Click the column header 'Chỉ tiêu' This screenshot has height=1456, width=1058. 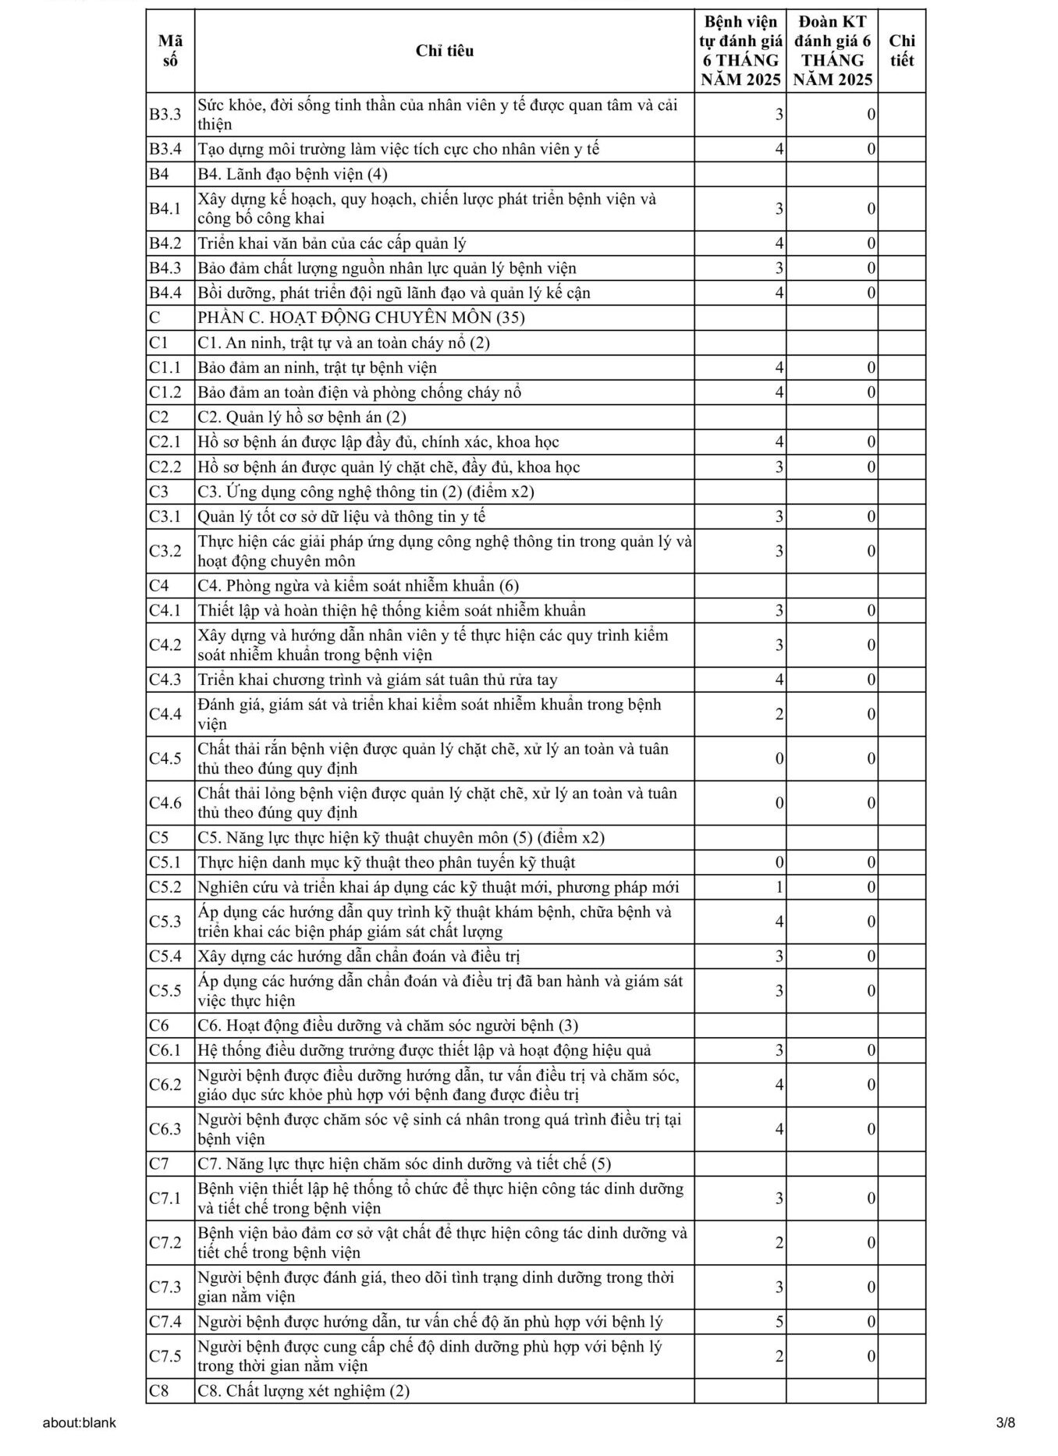tap(444, 51)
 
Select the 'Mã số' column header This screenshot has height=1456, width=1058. tap(170, 51)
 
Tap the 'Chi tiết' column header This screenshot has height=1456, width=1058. tap(901, 51)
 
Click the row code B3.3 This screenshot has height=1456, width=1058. tap(165, 115)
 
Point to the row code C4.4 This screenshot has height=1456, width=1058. tap(165, 714)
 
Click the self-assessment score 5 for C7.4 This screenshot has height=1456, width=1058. tap(779, 1322)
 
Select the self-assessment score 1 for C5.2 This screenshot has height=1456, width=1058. tap(779, 887)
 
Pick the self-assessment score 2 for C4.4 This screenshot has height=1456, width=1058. tap(779, 714)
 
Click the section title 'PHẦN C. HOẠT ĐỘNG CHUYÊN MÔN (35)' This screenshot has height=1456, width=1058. tap(361, 318)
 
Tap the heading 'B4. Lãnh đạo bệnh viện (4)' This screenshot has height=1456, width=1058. tap(293, 174)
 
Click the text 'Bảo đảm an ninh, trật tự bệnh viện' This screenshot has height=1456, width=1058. tap(317, 368)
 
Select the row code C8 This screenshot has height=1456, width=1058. tap(159, 1390)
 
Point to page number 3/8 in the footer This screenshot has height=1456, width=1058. tap(1005, 1422)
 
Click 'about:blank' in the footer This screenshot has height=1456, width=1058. tap(80, 1422)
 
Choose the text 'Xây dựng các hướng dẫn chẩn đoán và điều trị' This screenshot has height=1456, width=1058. tap(359, 956)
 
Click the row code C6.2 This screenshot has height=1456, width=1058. tap(165, 1085)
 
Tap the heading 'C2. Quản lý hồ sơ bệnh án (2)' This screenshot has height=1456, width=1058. tap(302, 417)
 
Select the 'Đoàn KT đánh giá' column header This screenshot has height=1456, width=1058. tap(833, 51)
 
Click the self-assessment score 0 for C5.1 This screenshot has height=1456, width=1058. tap(779, 862)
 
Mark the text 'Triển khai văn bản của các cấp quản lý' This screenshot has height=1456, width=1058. tap(332, 243)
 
